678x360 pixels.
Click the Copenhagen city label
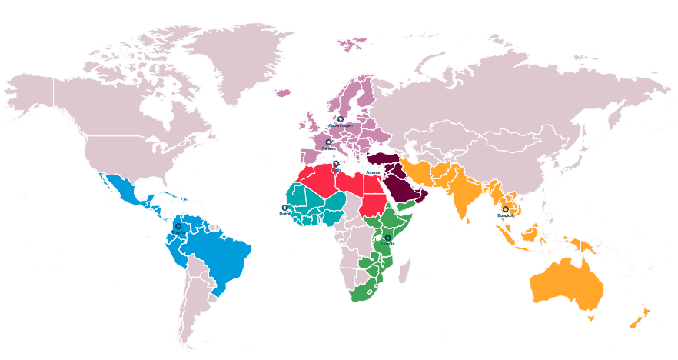341,125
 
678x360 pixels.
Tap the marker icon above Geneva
328,142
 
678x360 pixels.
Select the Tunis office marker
336,164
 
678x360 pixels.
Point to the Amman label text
374,172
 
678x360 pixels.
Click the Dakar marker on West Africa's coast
285,208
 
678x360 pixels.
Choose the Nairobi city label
387,244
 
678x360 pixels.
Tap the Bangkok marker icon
505,209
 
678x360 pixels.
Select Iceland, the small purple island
283,93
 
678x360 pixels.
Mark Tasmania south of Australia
590,316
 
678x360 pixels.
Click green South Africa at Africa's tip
361,292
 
